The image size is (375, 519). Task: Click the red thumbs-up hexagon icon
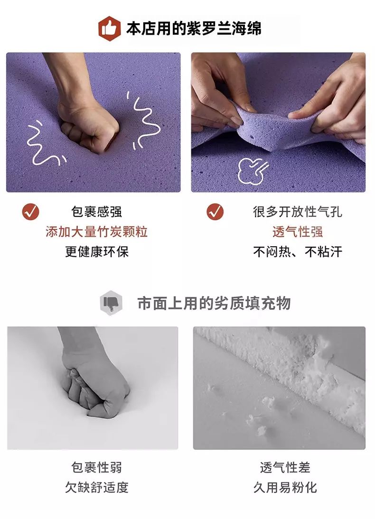click(x=109, y=28)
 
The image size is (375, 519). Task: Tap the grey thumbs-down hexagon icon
click(x=111, y=303)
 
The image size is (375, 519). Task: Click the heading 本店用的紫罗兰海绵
click(x=194, y=28)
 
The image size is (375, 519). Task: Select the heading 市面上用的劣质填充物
click(x=214, y=303)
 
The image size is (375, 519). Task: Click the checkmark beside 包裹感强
click(x=31, y=212)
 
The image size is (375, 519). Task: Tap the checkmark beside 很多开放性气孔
click(x=215, y=212)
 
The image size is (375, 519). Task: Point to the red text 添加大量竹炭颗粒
click(x=96, y=232)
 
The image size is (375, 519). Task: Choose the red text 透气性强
click(x=298, y=232)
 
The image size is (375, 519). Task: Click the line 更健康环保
click(x=97, y=251)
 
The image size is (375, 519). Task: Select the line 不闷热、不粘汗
click(x=298, y=252)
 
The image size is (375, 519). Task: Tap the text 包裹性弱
click(x=96, y=467)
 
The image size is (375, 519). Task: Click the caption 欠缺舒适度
click(x=96, y=487)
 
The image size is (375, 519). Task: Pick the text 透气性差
click(x=285, y=467)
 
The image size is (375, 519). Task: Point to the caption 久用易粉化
click(x=285, y=487)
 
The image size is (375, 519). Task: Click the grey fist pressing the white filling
click(x=96, y=390)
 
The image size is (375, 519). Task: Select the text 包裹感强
click(x=96, y=212)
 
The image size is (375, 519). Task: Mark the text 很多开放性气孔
click(x=298, y=212)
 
